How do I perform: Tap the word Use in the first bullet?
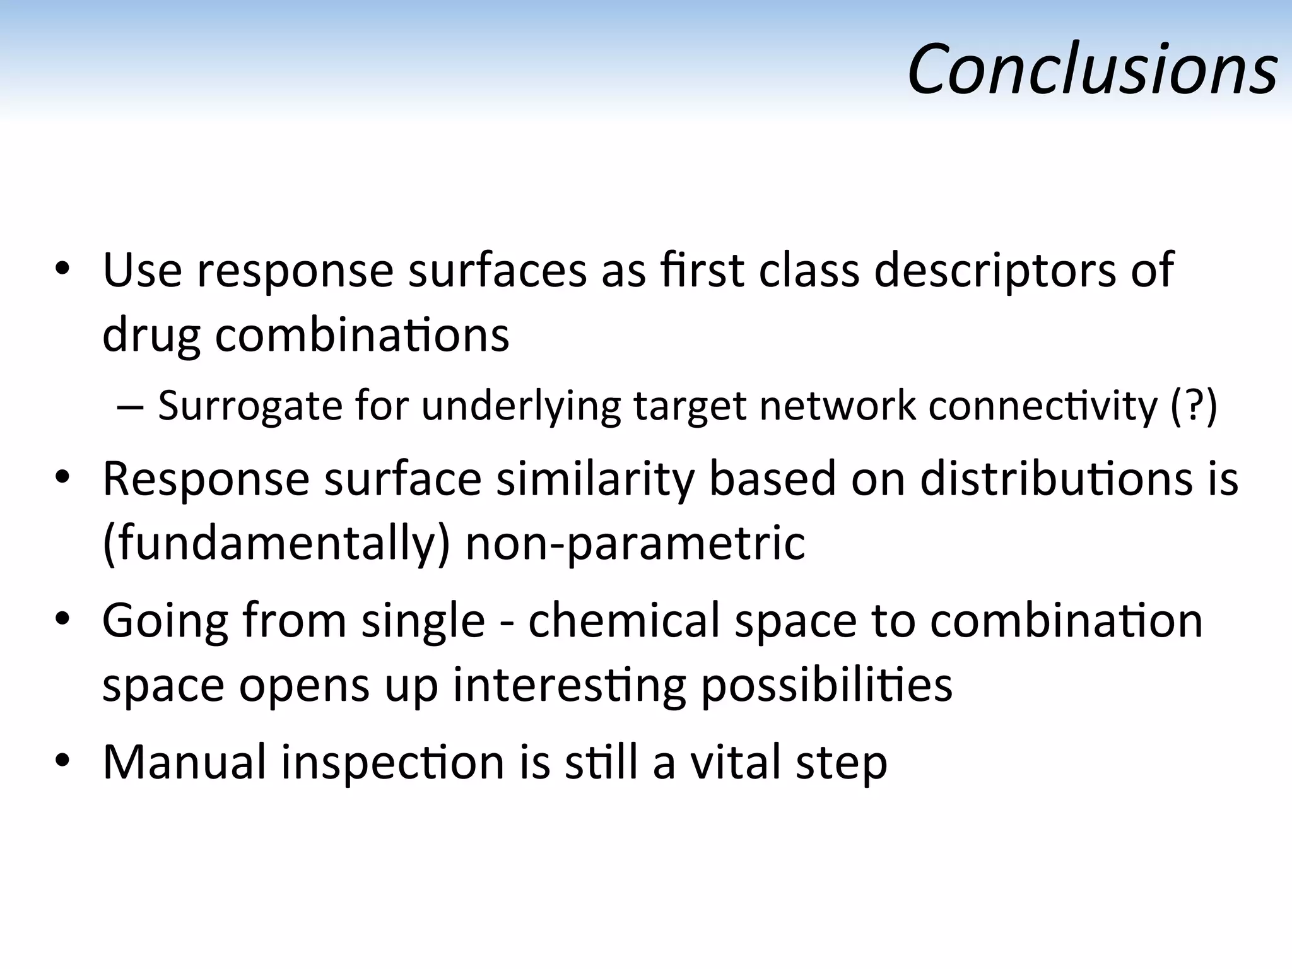tap(142, 271)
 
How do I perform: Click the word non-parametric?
tap(635, 543)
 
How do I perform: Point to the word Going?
tap(165, 621)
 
